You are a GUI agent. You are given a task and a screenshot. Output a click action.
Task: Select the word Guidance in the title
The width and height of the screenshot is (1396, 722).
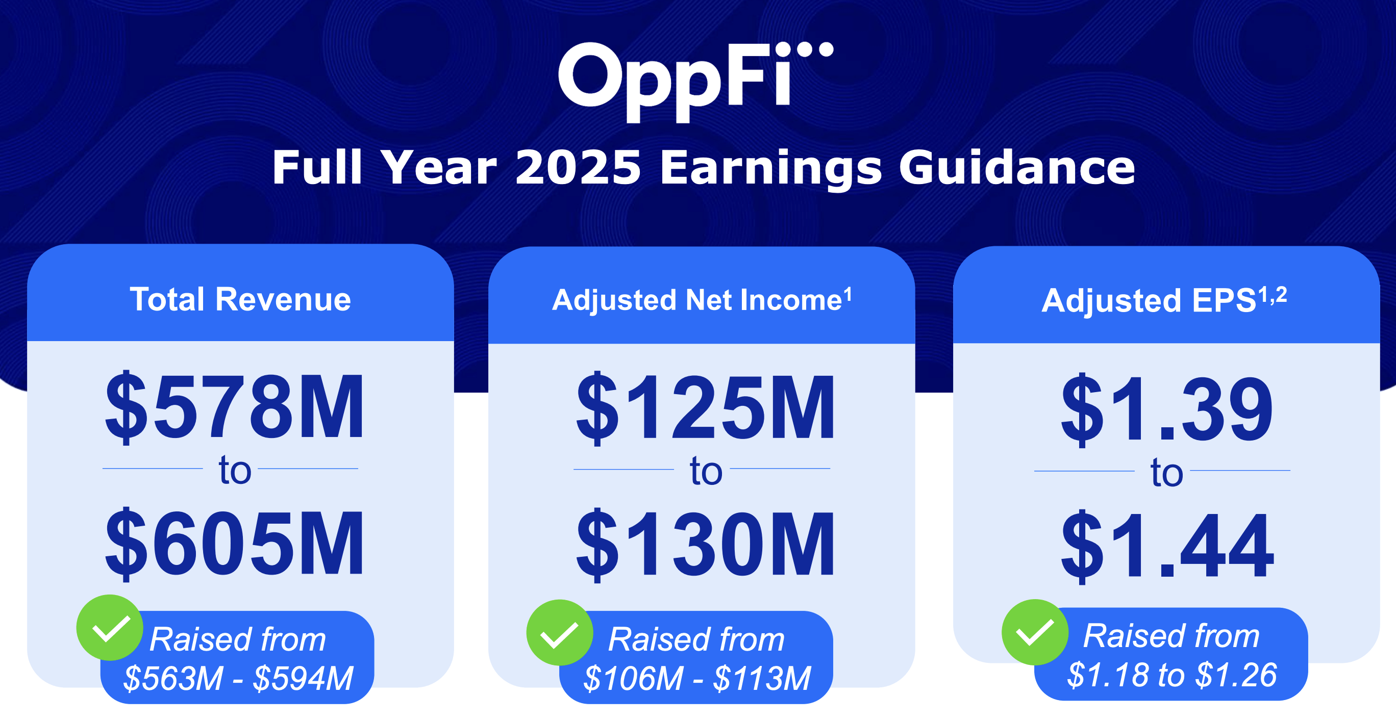(1017, 168)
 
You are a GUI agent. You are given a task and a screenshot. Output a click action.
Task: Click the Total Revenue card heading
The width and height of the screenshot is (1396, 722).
(240, 299)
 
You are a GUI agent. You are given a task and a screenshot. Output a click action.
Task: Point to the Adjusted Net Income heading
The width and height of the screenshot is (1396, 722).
(701, 299)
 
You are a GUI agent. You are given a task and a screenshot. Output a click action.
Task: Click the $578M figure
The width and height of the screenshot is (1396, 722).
(235, 407)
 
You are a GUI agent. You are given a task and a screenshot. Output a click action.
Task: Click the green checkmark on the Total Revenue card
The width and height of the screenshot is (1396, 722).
(110, 628)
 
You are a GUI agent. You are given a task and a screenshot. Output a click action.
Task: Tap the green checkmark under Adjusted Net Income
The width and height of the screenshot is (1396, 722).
(559, 632)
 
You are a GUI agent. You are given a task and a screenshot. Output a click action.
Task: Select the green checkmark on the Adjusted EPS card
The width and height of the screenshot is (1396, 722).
(1035, 632)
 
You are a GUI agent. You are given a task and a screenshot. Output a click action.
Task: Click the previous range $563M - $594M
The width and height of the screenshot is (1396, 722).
(238, 678)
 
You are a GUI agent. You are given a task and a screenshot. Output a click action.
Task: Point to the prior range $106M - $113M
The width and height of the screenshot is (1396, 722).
(697, 678)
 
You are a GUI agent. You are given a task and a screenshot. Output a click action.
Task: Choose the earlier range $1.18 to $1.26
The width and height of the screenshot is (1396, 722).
(1171, 675)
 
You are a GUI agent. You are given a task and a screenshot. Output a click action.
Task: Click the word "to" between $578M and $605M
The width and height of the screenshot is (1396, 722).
(235, 470)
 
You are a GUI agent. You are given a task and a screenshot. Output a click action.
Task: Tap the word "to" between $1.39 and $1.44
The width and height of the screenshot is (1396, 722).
(1166, 473)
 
